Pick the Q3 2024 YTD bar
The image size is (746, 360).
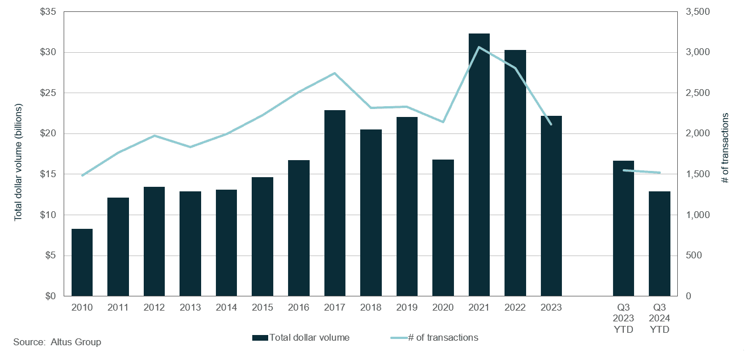coord(659,244)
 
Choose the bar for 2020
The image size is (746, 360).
coord(443,228)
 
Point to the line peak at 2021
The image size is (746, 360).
coord(479,47)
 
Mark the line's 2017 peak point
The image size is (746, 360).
coord(335,73)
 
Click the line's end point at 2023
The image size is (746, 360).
coord(551,124)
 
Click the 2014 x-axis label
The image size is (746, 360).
coord(226,307)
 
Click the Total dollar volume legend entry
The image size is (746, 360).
coord(301,338)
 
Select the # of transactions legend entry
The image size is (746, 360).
coord(435,338)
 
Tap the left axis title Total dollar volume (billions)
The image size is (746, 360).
coord(18,162)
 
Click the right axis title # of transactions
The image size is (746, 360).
coord(726,148)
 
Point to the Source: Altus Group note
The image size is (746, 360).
coord(57,342)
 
